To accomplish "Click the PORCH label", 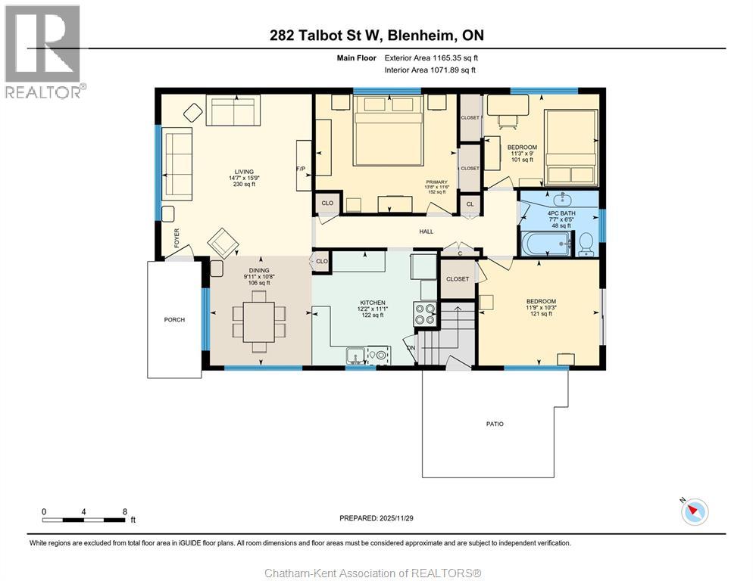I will pyautogui.click(x=174, y=319).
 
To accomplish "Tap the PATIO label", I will pyautogui.click(x=494, y=424).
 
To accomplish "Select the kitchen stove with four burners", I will pyautogui.click(x=425, y=312).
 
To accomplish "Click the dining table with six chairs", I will pyautogui.click(x=259, y=321).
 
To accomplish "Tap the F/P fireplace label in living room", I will pyautogui.click(x=301, y=169).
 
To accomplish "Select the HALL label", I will pyautogui.click(x=426, y=231).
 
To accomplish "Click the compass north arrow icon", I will pyautogui.click(x=694, y=511).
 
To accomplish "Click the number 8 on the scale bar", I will pyautogui.click(x=124, y=511).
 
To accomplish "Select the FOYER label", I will pyautogui.click(x=177, y=239).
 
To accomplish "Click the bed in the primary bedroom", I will pyautogui.click(x=389, y=137).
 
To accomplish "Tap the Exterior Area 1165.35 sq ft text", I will pyautogui.click(x=431, y=57).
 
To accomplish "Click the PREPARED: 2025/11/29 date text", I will pyautogui.click(x=376, y=518).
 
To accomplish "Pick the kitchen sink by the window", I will pyautogui.click(x=355, y=354).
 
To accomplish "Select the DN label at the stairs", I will pyautogui.click(x=411, y=348).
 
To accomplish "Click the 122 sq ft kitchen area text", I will pyautogui.click(x=372, y=315).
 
